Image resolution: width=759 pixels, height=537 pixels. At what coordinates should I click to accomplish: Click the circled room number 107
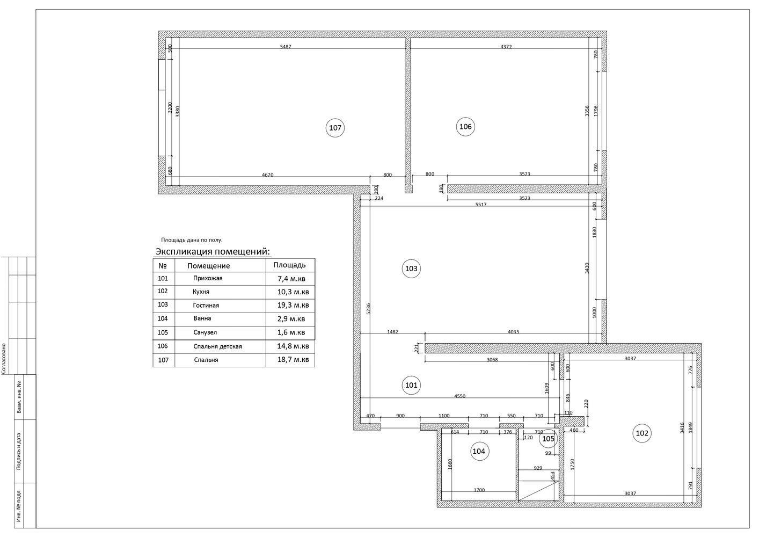coord(335,128)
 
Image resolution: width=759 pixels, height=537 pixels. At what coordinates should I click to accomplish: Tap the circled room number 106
coord(465,127)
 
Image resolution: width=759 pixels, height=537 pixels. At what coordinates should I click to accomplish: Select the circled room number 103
coord(411,269)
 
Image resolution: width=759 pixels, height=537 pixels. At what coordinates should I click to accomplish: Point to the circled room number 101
coord(411,385)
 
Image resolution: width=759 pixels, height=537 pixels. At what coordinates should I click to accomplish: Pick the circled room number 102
coord(642,433)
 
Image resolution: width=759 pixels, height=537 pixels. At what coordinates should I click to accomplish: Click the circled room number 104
coord(479,451)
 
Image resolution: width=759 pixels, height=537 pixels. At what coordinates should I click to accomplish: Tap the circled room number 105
coord(548,439)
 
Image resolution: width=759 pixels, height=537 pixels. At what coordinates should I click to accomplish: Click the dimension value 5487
coord(286,47)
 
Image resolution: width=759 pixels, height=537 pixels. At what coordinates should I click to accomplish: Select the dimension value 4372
coord(506,47)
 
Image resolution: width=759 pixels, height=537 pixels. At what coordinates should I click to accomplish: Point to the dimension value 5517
coord(481,205)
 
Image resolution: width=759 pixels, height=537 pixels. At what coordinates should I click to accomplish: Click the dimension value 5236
coord(369,308)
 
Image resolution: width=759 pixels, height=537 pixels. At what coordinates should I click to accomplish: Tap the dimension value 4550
coord(460,396)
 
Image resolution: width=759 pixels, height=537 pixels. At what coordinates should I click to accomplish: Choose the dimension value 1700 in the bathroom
coord(479,490)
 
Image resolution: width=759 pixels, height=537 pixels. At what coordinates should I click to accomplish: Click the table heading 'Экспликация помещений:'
coord(213,252)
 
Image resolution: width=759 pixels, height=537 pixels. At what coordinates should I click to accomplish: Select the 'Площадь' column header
coord(289,265)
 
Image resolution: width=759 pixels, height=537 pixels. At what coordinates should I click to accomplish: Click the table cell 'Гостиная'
coord(206,306)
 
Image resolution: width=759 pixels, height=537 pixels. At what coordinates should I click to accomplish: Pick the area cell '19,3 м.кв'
coord(293,306)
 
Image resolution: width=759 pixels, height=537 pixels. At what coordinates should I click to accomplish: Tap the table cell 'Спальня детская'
coord(217,346)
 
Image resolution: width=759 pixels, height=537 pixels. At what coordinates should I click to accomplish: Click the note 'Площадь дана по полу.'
coord(192,240)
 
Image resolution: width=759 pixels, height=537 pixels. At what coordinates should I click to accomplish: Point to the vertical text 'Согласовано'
coord(4,359)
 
